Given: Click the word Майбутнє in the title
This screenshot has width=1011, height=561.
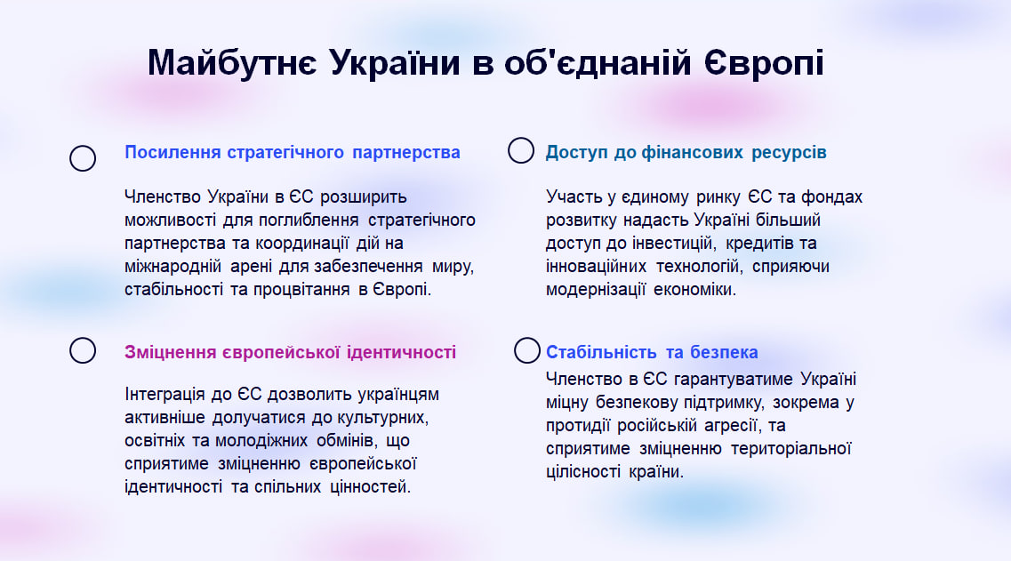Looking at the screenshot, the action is click(x=232, y=63).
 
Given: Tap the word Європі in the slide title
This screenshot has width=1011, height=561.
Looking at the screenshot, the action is click(x=764, y=63).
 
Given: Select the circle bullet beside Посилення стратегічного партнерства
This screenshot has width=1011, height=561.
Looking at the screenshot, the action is click(x=83, y=158).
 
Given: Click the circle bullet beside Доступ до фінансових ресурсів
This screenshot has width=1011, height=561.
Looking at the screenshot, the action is click(x=521, y=150).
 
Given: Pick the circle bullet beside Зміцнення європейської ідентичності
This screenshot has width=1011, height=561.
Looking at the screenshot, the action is click(x=83, y=350).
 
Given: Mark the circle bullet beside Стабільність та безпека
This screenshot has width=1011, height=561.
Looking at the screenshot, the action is click(x=526, y=350).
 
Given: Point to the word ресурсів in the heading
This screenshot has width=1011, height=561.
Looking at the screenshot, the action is click(x=790, y=153).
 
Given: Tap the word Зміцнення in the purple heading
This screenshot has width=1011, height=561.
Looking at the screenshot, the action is click(x=170, y=352).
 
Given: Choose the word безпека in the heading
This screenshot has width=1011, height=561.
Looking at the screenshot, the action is click(x=724, y=352).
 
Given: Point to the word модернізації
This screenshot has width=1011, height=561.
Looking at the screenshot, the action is click(x=596, y=290).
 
